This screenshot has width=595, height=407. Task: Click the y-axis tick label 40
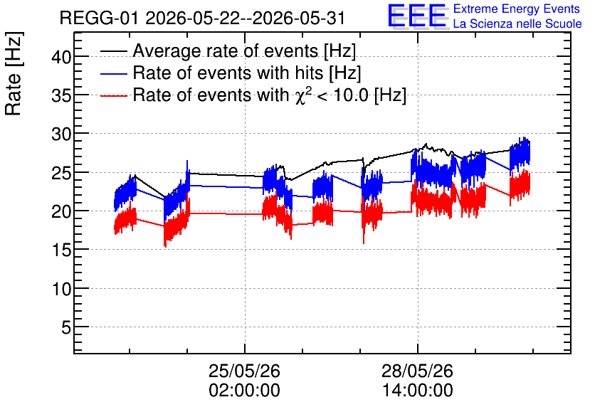point(61,58)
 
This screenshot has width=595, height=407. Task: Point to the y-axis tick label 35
point(61,96)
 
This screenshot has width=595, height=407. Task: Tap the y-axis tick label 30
point(61,134)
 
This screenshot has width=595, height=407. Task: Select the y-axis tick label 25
point(61,174)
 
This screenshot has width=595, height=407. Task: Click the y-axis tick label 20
point(61,212)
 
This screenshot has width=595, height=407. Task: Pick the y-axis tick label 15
point(61,250)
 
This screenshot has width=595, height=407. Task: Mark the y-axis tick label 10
point(61,290)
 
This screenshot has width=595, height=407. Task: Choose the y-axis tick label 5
point(66,328)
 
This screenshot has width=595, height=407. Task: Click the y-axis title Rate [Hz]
point(14,73)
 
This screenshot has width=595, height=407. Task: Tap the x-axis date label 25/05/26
point(244,371)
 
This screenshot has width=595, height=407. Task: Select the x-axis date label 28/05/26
point(417,371)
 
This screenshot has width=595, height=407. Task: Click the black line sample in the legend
point(113,51)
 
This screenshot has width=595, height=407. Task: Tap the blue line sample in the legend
point(113,74)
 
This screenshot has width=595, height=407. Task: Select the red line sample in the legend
point(113,96)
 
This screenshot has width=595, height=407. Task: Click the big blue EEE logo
point(418,16)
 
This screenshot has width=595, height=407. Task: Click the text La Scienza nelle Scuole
point(517,24)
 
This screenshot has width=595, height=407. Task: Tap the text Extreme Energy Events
point(517,9)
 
